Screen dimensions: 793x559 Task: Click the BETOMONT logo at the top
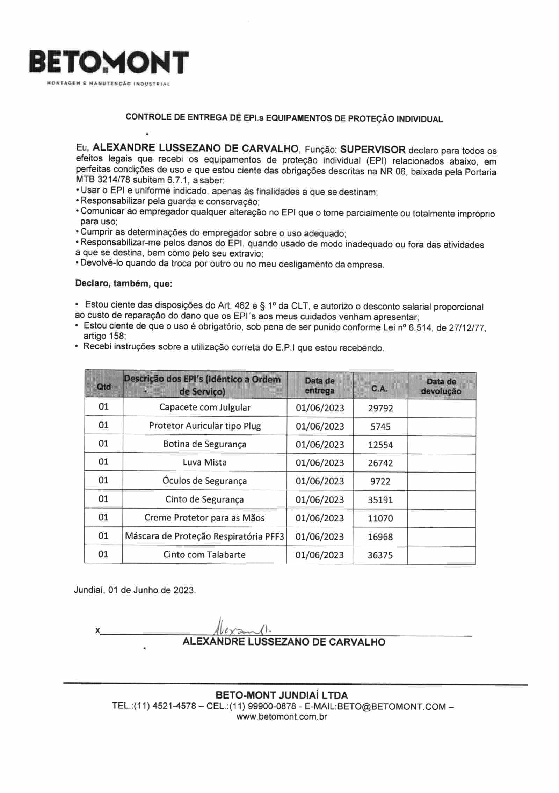(x=109, y=63)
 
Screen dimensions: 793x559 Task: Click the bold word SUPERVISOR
(x=372, y=150)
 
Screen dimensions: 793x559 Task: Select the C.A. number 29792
(x=380, y=408)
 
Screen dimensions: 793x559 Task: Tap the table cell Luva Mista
(x=205, y=462)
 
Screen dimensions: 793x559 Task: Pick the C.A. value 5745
(x=380, y=426)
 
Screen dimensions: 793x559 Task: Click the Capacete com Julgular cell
(x=205, y=408)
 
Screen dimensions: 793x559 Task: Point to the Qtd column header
(x=104, y=387)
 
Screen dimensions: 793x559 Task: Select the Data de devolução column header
(x=441, y=386)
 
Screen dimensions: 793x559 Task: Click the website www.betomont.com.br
(x=282, y=717)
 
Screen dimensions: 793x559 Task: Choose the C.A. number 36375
(x=380, y=555)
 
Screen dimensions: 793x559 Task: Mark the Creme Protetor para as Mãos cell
(x=205, y=518)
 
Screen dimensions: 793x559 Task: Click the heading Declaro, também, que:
(x=124, y=284)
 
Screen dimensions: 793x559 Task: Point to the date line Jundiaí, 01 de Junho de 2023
(x=135, y=590)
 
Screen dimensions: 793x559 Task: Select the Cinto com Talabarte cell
(x=205, y=555)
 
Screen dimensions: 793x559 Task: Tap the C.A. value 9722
(x=380, y=481)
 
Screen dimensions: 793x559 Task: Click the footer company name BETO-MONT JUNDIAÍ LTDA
(x=282, y=695)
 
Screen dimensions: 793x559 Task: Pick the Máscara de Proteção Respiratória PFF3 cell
(x=205, y=536)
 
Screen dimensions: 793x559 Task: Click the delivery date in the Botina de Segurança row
(x=320, y=445)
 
